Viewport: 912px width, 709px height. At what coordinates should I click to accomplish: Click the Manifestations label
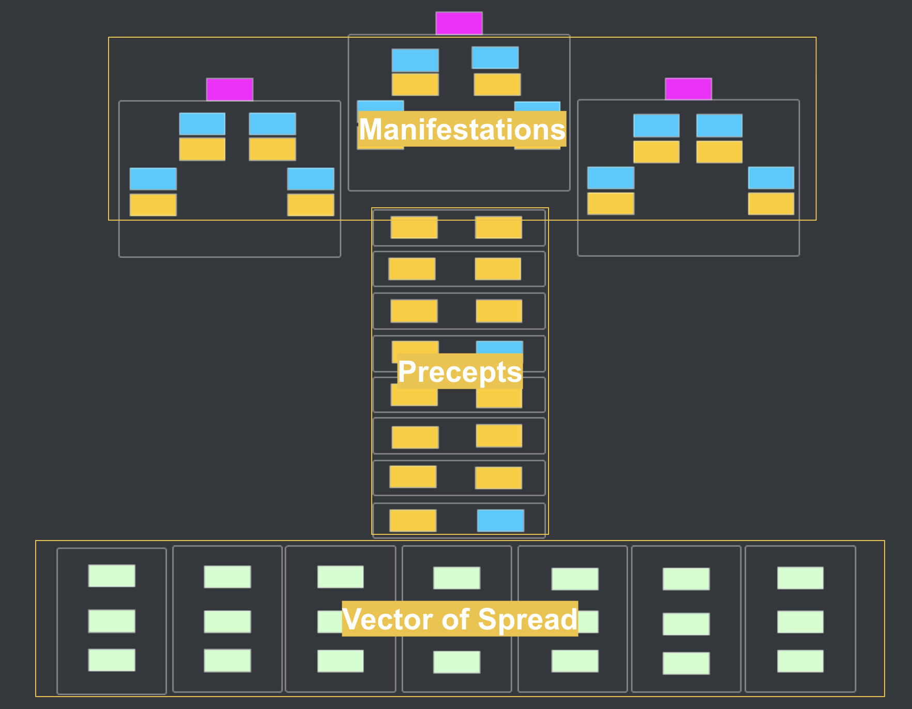[x=462, y=129]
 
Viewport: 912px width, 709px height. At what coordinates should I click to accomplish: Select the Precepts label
[x=460, y=372]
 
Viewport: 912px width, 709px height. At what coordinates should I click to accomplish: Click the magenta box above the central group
[x=459, y=23]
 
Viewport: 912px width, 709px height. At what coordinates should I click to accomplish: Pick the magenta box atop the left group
[x=230, y=89]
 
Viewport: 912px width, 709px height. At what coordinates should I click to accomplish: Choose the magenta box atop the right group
[x=688, y=89]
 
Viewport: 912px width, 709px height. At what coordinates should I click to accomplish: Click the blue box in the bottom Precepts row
[x=500, y=520]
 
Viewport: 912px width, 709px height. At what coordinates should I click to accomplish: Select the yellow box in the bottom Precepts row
[x=413, y=520]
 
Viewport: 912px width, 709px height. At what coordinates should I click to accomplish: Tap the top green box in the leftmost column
[x=112, y=576]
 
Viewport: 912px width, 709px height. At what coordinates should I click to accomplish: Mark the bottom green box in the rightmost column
[x=800, y=661]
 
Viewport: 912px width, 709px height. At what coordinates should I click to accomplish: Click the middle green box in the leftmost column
[x=112, y=621]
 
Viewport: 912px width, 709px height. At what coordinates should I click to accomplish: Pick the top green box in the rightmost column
[x=800, y=578]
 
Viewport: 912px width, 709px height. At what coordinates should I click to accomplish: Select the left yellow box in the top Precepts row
[x=414, y=227]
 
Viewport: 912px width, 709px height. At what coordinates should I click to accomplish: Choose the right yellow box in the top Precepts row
[x=498, y=227]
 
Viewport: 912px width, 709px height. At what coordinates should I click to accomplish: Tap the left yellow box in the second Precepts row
[x=412, y=269]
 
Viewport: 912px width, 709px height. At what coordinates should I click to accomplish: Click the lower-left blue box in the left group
[x=153, y=179]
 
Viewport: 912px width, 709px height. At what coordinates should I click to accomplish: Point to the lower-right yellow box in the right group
[x=771, y=204]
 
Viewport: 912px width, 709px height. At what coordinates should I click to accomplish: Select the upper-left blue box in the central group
[x=415, y=60]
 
